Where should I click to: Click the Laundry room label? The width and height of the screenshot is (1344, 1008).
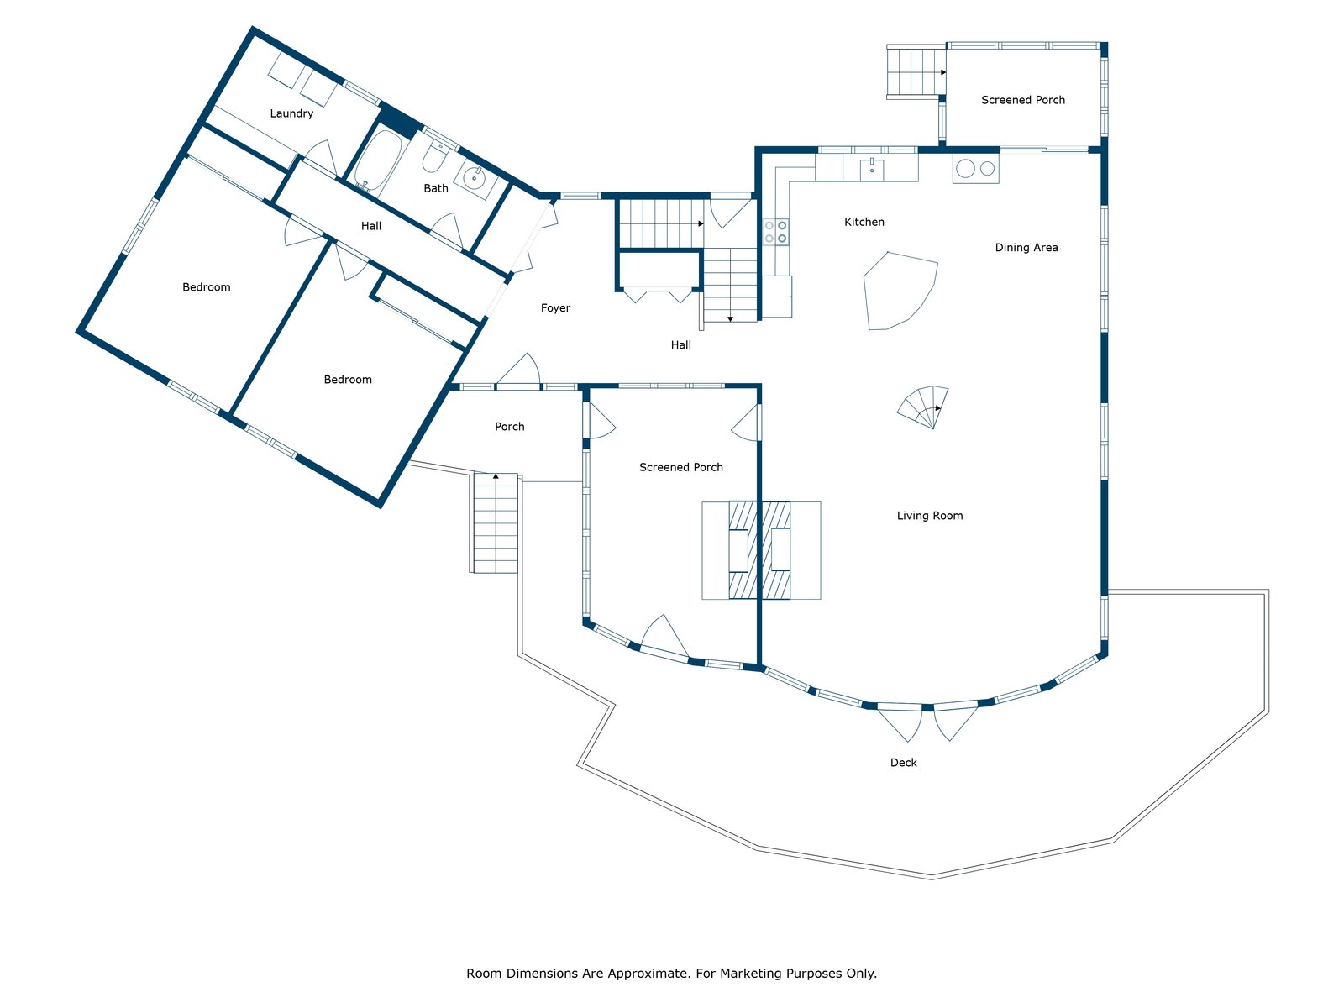(291, 113)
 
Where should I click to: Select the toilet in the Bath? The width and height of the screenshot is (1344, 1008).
(434, 157)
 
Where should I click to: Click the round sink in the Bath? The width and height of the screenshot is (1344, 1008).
(475, 177)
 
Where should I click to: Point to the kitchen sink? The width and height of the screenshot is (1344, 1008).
(872, 168)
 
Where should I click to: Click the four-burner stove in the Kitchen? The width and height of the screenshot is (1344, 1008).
(775, 232)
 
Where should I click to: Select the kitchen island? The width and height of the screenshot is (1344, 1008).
(899, 291)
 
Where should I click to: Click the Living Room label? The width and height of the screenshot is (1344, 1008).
(930, 516)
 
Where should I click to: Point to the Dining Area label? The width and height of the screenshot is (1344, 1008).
(1026, 248)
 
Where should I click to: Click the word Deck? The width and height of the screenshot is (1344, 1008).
(904, 763)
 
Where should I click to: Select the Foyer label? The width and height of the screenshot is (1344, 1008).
(555, 308)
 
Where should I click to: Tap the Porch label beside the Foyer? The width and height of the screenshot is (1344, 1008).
(509, 427)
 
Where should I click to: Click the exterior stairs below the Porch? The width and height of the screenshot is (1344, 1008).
(496, 522)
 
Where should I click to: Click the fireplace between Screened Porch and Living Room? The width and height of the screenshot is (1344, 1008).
(759, 550)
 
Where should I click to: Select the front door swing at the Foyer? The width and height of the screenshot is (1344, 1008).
(519, 370)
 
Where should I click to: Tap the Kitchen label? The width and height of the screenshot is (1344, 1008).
(864, 223)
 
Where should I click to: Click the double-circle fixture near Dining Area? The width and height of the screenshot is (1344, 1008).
(975, 169)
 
